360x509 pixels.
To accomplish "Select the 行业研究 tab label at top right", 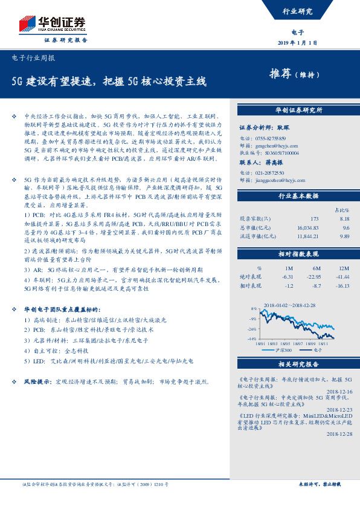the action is click(x=298, y=11).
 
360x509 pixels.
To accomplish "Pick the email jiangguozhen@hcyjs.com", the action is click(x=276, y=180).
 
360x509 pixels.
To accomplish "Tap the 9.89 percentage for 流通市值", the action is click(x=346, y=236).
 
